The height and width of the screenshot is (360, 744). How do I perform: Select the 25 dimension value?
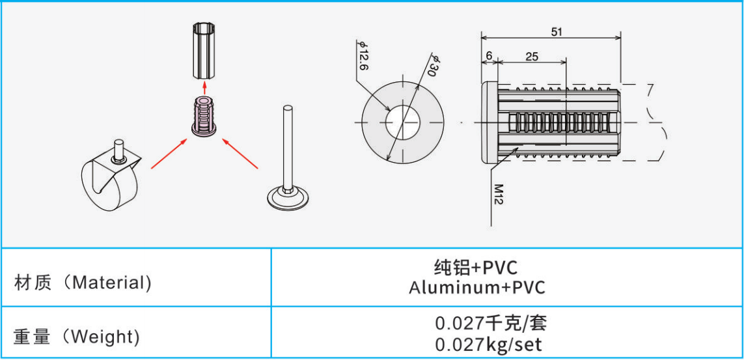532,57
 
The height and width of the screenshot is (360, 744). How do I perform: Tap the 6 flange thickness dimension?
489,56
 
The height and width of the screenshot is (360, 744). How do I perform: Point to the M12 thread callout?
498,195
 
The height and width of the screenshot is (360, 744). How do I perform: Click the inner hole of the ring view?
403,122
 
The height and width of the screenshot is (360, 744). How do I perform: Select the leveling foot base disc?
287,198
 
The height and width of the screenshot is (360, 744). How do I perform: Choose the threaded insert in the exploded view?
204,117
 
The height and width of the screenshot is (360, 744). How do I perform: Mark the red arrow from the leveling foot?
241,152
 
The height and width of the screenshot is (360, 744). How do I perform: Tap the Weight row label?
76,337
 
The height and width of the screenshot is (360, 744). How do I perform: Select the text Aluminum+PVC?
476,288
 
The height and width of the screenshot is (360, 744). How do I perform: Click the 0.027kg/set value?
488,344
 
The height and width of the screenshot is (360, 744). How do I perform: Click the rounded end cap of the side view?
489,122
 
